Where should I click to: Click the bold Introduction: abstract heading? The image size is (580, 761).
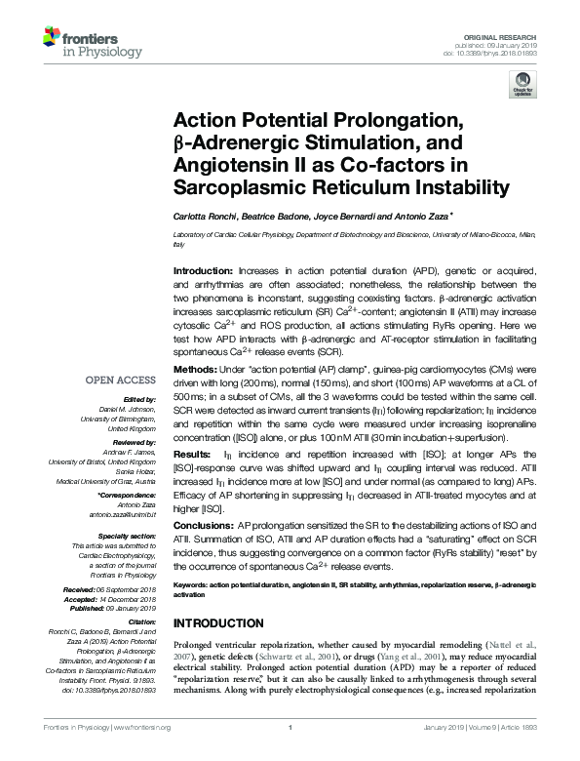point(203,269)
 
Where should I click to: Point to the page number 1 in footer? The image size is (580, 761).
point(290,754)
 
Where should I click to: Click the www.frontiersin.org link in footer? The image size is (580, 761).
point(143,754)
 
